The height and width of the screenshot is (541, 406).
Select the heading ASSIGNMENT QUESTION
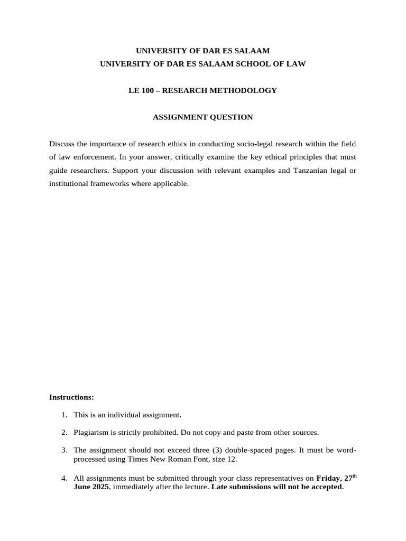tap(203, 117)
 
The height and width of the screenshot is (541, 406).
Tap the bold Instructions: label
tap(71, 397)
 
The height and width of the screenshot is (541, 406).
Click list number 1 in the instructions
tap(63, 415)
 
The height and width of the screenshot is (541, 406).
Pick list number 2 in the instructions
tap(63, 433)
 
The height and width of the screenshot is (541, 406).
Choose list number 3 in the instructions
tap(63, 450)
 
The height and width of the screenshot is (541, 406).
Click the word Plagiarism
tap(91, 433)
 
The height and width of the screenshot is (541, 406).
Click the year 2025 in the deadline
tap(100, 487)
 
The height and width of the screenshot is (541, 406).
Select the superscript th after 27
tap(354, 476)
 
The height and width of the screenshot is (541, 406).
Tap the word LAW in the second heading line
tap(297, 64)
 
